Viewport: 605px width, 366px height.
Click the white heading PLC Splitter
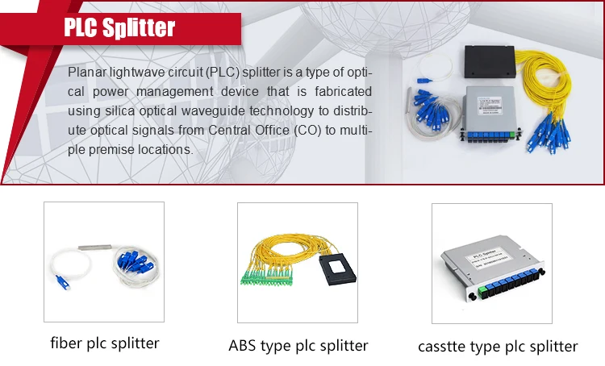coord(119,28)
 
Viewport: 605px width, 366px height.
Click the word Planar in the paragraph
coord(87,73)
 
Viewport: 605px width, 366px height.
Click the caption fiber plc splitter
coord(104,343)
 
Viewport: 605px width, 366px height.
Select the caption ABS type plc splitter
coord(298,346)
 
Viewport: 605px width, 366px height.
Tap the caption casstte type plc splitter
coord(498,347)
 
